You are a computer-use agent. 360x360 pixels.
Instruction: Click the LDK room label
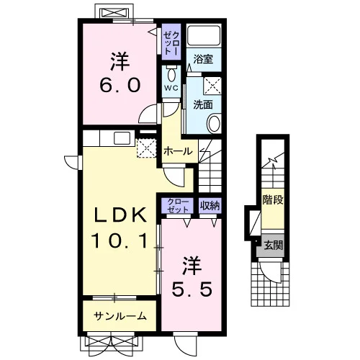(x=120, y=215)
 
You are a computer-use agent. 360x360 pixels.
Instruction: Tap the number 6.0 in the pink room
(x=120, y=86)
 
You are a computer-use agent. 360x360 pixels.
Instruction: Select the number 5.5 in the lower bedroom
(x=192, y=289)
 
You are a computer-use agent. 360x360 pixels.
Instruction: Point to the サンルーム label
(x=120, y=316)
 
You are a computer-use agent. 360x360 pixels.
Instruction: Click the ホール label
(x=178, y=151)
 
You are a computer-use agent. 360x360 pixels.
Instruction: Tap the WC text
(x=171, y=88)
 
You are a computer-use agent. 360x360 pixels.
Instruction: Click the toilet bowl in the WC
(x=171, y=75)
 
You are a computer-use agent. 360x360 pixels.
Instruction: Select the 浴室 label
(x=203, y=59)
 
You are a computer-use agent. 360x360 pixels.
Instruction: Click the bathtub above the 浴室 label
(x=204, y=35)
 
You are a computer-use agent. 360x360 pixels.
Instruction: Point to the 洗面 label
(x=203, y=104)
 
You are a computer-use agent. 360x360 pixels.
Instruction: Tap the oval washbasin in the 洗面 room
(x=214, y=124)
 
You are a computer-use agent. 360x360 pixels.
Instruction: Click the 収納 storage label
(x=210, y=205)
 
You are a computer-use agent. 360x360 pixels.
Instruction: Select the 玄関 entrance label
(x=274, y=246)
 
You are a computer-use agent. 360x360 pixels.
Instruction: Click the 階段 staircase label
(x=273, y=199)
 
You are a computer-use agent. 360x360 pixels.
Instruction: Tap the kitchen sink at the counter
(x=122, y=138)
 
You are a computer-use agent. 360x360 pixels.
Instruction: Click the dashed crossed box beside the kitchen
(x=146, y=148)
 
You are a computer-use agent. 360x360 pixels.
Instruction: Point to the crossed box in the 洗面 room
(x=212, y=86)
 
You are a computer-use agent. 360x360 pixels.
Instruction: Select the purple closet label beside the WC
(x=171, y=42)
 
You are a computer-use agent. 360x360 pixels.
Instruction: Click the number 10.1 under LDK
(x=120, y=241)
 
